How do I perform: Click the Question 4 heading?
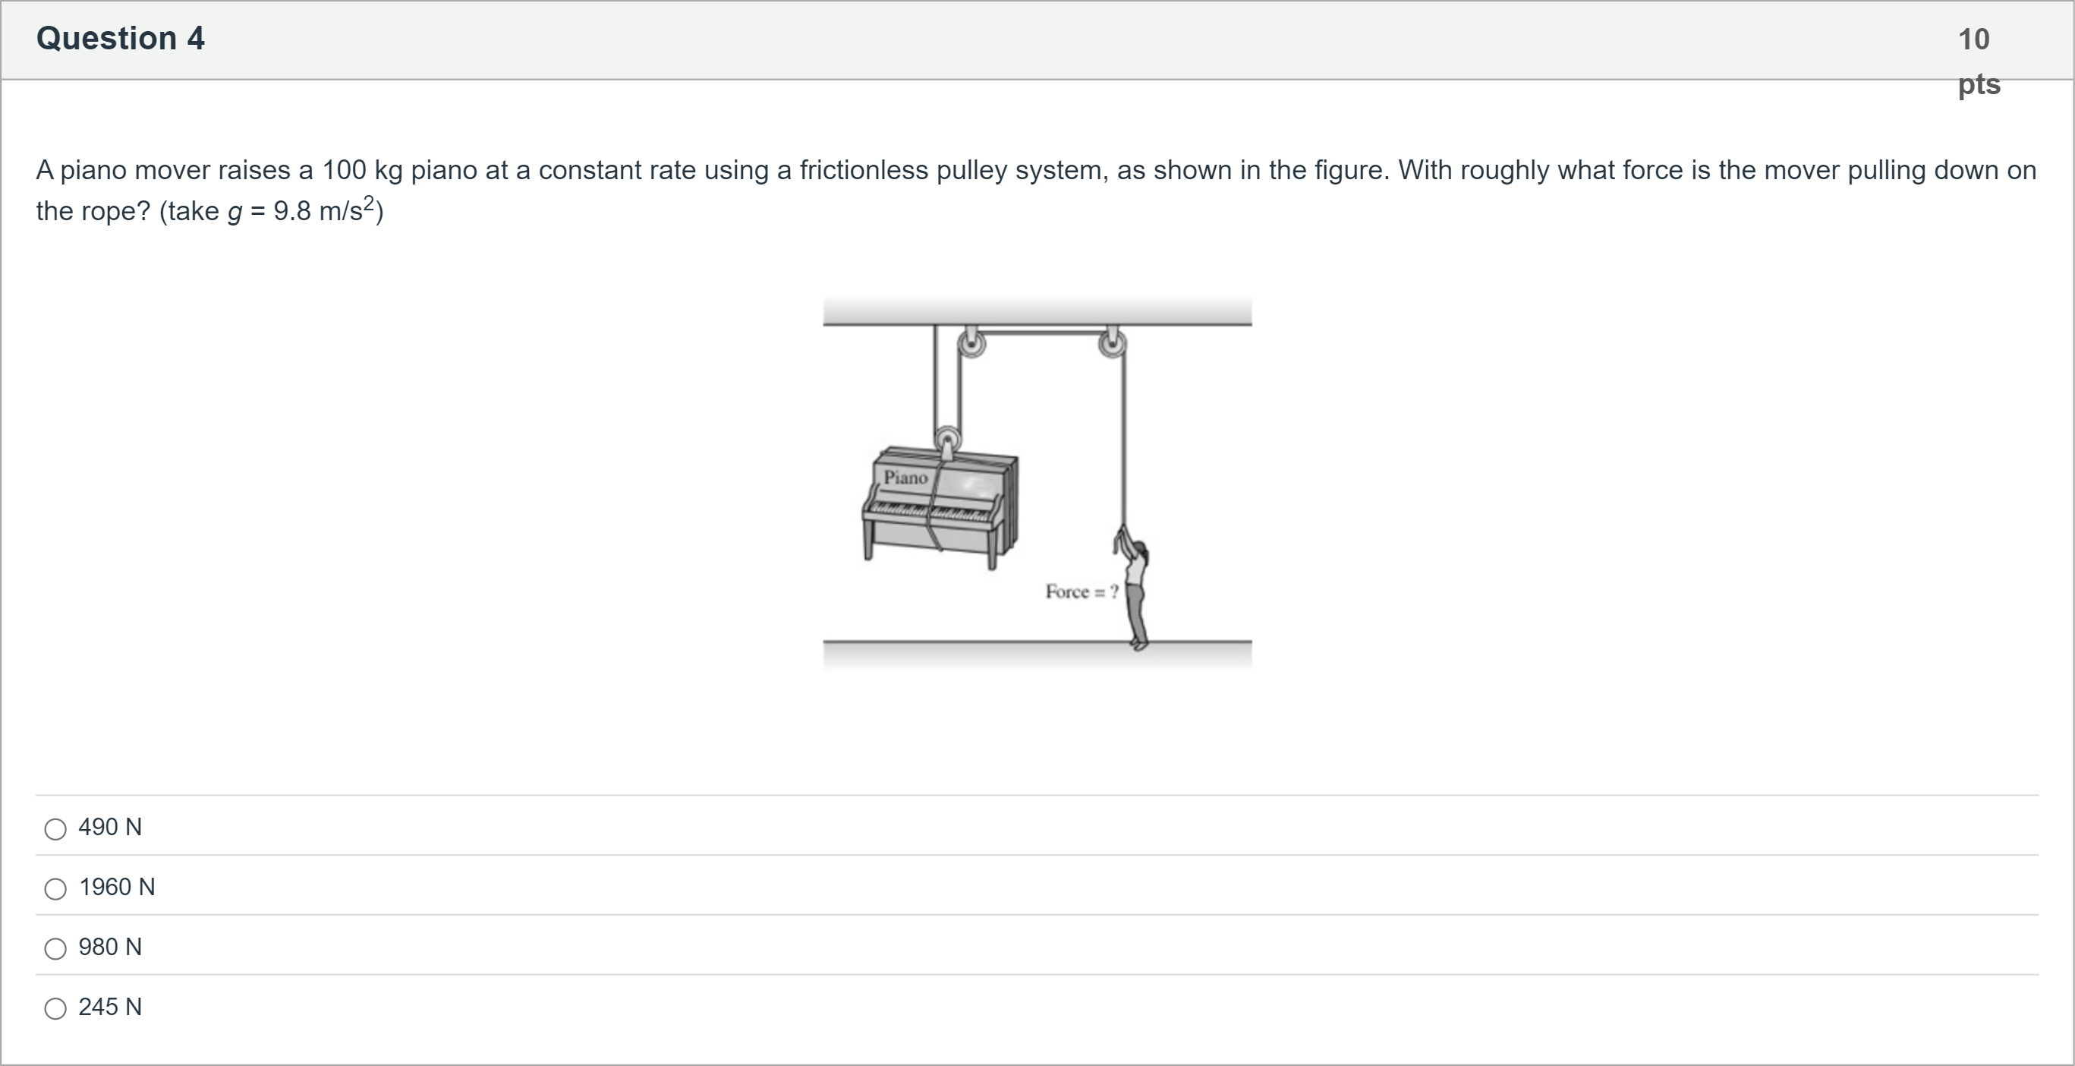pos(120,39)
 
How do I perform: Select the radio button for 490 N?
pos(55,829)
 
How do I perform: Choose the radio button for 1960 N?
pos(55,889)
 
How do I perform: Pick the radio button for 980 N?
pos(55,948)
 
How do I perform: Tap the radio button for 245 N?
pos(55,1008)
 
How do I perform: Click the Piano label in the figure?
pos(906,478)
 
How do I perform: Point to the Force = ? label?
pos(1082,591)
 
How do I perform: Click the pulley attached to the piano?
pos(947,440)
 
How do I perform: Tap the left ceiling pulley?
pos(971,343)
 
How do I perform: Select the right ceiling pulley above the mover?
pos(1113,343)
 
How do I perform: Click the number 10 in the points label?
pos(1973,39)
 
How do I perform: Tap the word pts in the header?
pos(1979,84)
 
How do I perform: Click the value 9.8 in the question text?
pos(291,211)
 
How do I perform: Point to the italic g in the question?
pos(235,213)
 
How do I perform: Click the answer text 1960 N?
pos(117,887)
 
